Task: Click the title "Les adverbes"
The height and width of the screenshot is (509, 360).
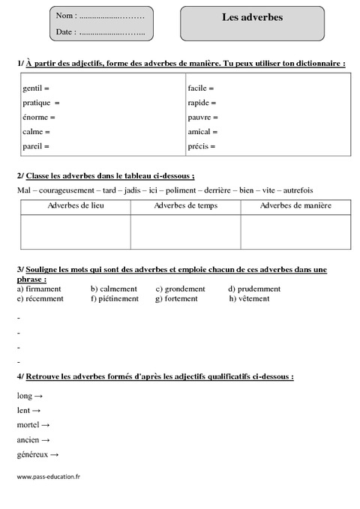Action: pyautogui.click(x=252, y=17)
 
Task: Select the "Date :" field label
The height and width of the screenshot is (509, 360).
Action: pyautogui.click(x=65, y=32)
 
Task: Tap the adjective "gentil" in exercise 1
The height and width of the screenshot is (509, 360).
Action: pyautogui.click(x=33, y=88)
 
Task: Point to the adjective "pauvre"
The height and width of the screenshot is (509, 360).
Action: pyautogui.click(x=199, y=118)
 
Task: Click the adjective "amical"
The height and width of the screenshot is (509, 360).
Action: pyautogui.click(x=199, y=132)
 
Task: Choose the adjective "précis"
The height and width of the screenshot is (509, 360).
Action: pyautogui.click(x=198, y=146)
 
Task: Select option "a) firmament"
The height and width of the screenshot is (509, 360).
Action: pyautogui.click(x=38, y=289)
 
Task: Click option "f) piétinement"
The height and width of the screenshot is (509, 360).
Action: pyautogui.click(x=115, y=298)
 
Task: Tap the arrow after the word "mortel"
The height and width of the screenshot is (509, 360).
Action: pyautogui.click(x=46, y=425)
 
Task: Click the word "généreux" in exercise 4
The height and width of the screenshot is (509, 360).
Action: pyautogui.click(x=31, y=455)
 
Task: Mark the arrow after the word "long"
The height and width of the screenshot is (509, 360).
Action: pyautogui.click(x=38, y=395)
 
